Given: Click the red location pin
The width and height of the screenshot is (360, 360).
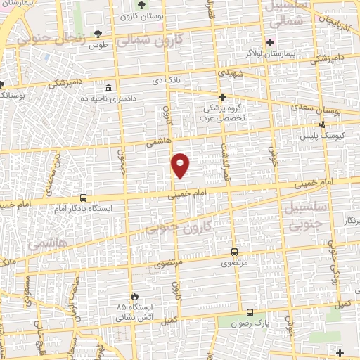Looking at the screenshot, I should (181, 165).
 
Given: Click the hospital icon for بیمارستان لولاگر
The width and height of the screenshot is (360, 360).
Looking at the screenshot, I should (270, 42).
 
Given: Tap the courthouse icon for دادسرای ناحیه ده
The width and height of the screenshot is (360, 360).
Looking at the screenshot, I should (108, 89).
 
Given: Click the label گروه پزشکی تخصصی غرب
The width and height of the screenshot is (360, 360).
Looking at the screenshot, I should (223, 112).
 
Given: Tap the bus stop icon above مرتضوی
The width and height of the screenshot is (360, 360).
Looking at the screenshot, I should (234, 252).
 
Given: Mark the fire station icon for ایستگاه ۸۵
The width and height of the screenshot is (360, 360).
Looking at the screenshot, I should (134, 297).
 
